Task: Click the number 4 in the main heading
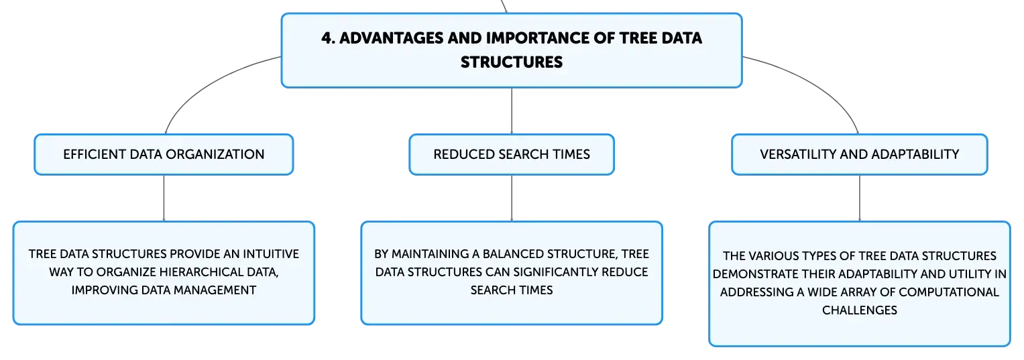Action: pyautogui.click(x=326, y=38)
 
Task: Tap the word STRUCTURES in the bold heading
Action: pyautogui.click(x=512, y=62)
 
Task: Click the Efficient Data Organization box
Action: pyautogui.click(x=164, y=154)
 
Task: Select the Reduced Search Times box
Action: pyautogui.click(x=512, y=154)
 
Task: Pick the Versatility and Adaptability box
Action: pyautogui.click(x=860, y=154)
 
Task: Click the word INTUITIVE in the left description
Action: pyautogui.click(x=271, y=254)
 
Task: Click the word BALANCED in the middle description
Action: pyautogui.click(x=512, y=254)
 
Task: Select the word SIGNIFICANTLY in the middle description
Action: pyautogui.click(x=554, y=272)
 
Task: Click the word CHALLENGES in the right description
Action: pyautogui.click(x=860, y=310)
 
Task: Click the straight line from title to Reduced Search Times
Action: pyautogui.click(x=512, y=111)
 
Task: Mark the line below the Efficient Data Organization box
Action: pyautogui.click(x=164, y=198)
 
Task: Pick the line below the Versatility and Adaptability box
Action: pyautogui.click(x=860, y=198)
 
